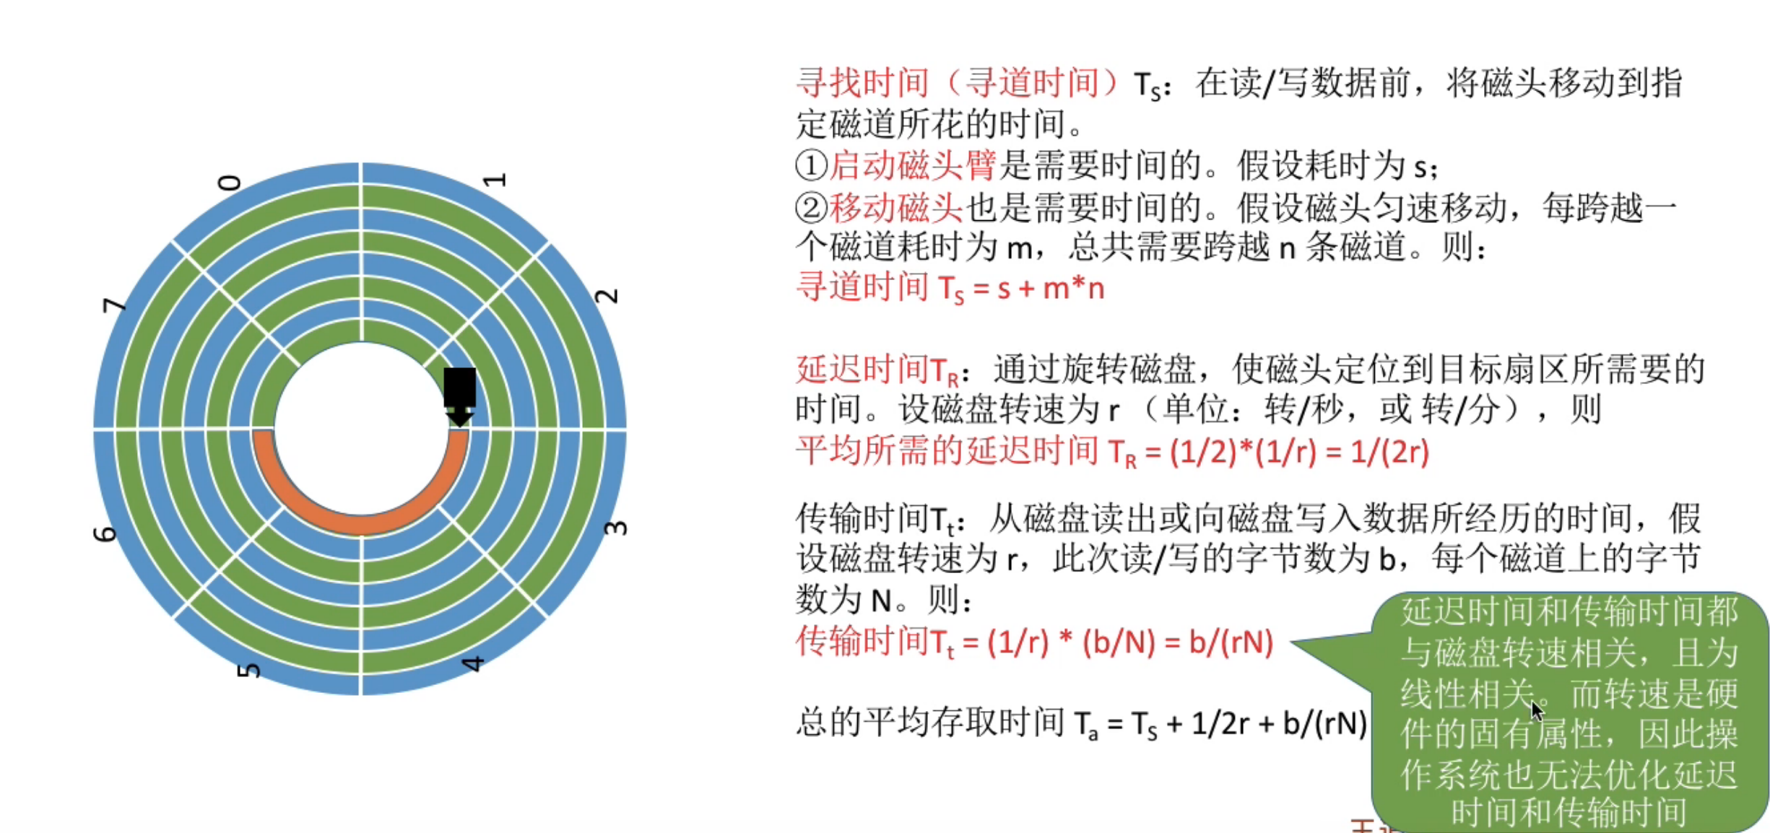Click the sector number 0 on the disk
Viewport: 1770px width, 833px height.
point(230,182)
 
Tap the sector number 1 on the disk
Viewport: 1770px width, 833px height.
point(495,180)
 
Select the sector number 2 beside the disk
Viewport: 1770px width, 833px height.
point(607,296)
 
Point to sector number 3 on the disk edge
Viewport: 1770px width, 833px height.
point(615,528)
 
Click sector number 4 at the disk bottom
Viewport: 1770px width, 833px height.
point(472,663)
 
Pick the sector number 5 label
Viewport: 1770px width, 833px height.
point(248,671)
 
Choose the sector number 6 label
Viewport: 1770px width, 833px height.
point(105,534)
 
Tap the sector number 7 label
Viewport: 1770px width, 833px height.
point(114,305)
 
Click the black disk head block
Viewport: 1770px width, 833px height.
point(459,388)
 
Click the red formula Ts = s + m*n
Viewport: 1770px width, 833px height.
point(950,289)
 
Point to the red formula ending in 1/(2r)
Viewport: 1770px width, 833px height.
point(1112,453)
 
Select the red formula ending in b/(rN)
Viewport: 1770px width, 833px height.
point(1034,642)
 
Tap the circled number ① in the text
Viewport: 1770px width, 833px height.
point(810,166)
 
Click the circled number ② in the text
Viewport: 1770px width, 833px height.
point(810,208)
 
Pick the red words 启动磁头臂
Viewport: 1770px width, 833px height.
point(912,166)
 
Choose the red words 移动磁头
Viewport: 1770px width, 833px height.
point(895,208)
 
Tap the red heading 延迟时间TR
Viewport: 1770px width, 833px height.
point(877,370)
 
